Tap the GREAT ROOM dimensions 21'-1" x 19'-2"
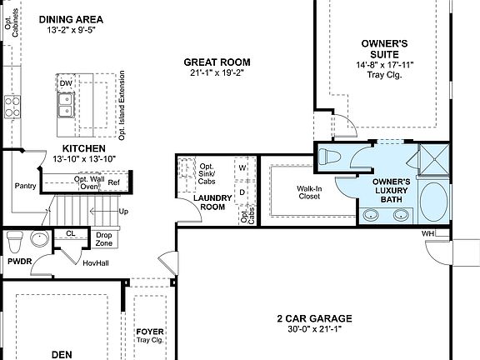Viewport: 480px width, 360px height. pos(217,73)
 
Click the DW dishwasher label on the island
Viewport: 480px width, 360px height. pos(66,83)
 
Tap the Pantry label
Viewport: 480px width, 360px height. pos(25,186)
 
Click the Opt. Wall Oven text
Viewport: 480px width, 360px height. pos(88,182)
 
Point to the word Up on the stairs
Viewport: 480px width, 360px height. pos(124,212)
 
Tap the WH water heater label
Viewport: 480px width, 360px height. pos(428,233)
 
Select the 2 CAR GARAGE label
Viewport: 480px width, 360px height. pos(314,318)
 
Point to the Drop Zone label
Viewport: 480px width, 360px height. pos(104,239)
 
